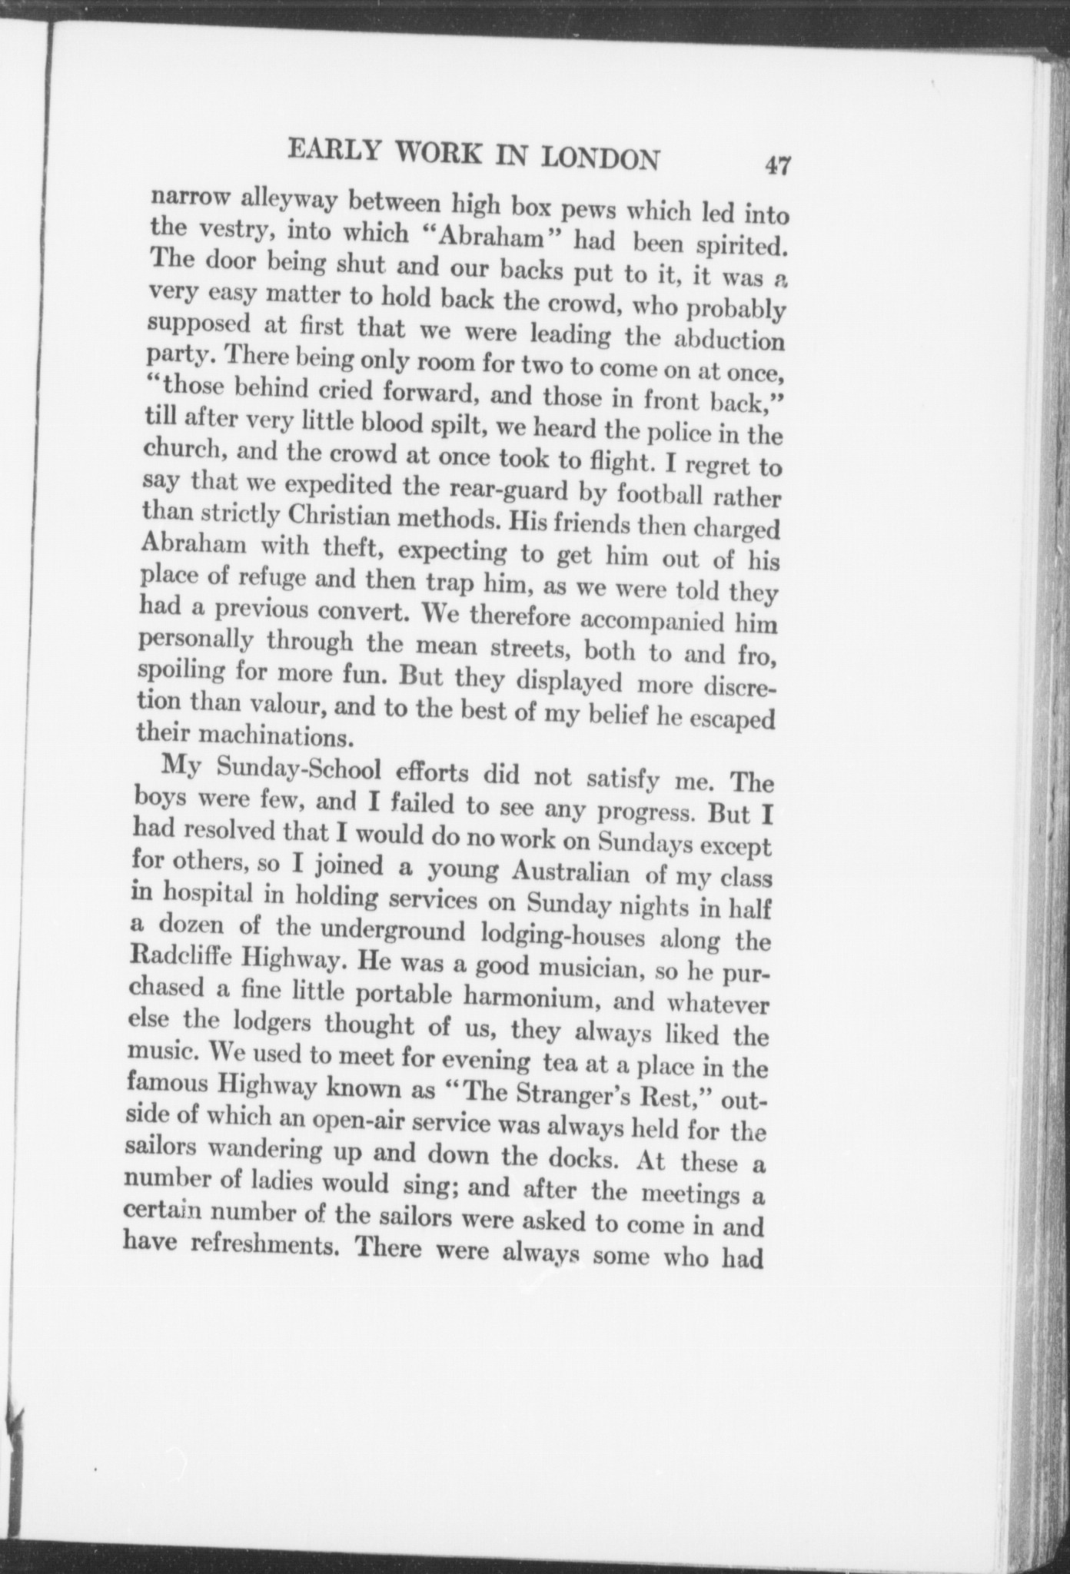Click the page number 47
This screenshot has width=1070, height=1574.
click(x=777, y=166)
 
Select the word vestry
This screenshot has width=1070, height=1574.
click(x=228, y=228)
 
